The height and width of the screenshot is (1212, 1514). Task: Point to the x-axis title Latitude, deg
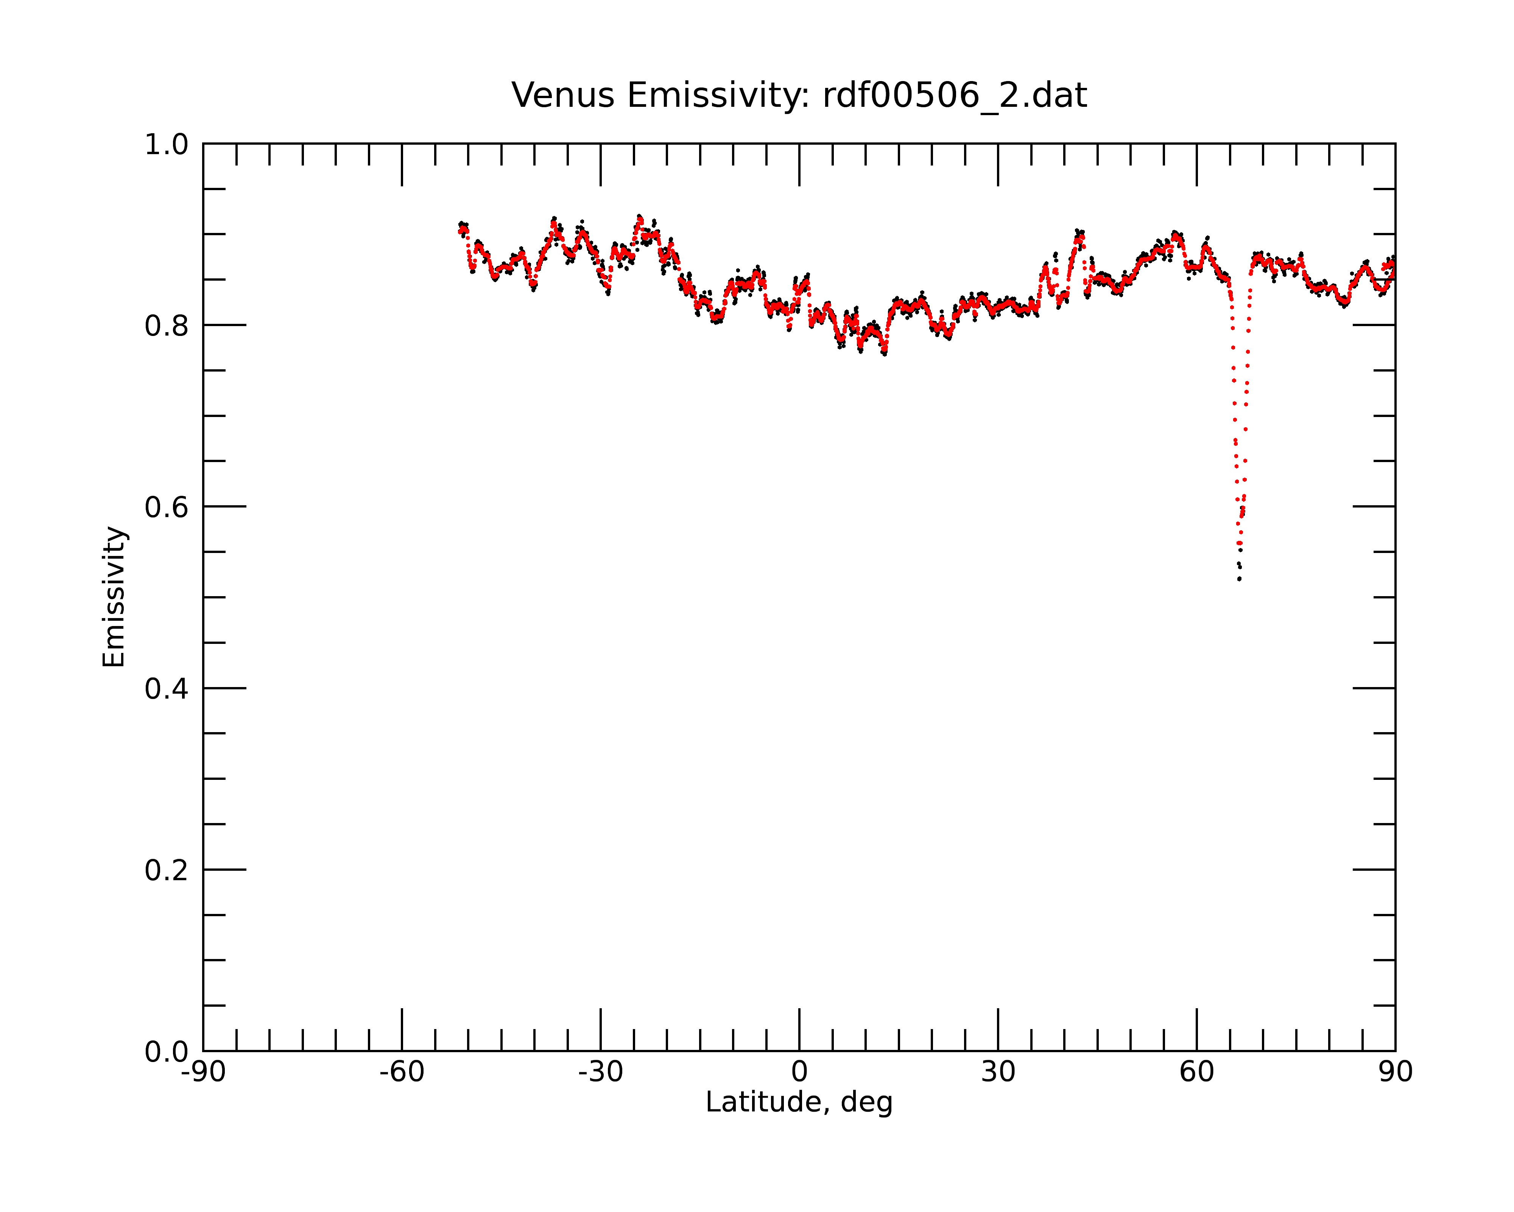(799, 1103)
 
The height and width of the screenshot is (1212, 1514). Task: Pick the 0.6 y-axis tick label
(167, 507)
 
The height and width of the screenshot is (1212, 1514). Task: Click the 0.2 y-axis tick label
(167, 870)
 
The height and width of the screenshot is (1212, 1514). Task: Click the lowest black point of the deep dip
(1240, 579)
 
